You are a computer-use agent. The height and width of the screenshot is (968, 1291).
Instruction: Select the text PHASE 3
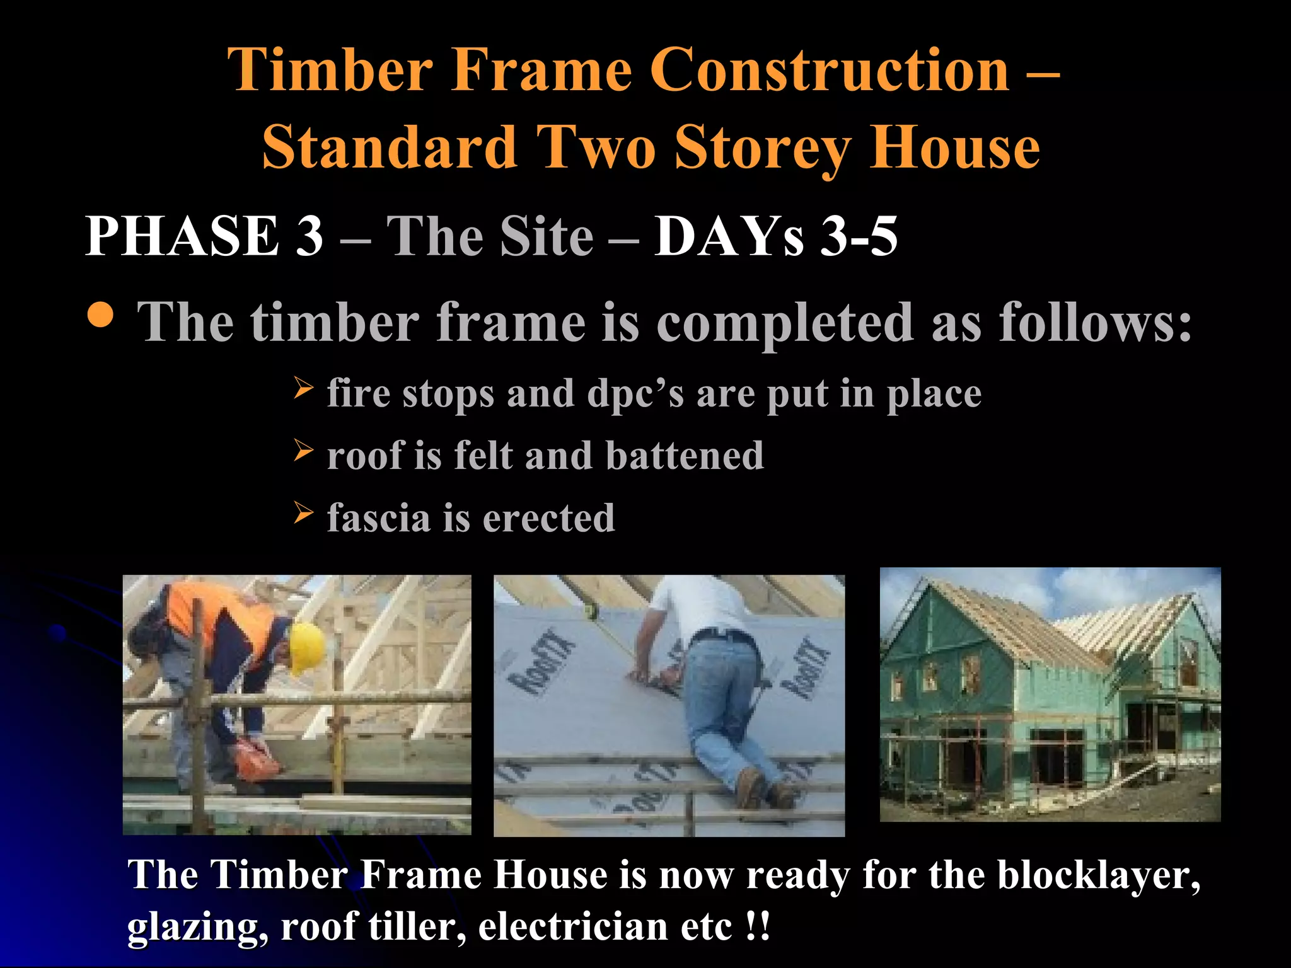[x=204, y=236]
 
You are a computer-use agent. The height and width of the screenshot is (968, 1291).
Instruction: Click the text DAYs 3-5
[x=775, y=236]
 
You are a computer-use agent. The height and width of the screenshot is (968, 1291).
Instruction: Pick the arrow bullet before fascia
[x=303, y=513]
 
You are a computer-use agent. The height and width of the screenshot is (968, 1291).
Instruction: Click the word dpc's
[x=635, y=394]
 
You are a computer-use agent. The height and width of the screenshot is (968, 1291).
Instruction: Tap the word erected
[x=548, y=518]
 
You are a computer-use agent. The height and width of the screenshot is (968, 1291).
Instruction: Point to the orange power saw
[x=255, y=759]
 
